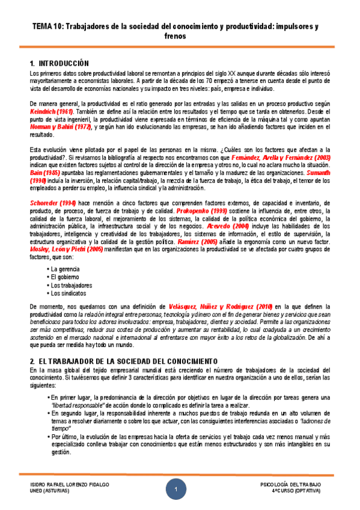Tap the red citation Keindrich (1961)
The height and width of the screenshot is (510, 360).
[x=52, y=112]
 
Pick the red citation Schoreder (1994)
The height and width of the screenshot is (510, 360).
[x=53, y=203]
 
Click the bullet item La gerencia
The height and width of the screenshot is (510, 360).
[x=66, y=269]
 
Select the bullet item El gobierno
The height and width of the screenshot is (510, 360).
[x=65, y=277]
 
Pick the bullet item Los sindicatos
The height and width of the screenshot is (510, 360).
[x=68, y=293]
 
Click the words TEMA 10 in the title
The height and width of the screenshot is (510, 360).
[x=46, y=27]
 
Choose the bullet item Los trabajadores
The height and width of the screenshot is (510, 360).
[x=72, y=286]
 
